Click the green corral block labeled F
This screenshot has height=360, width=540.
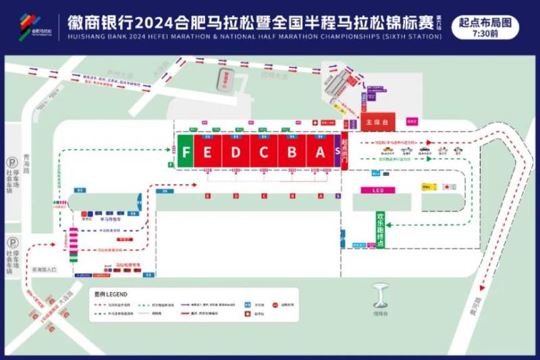[x=186, y=152]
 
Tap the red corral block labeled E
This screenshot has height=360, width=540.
[x=208, y=152]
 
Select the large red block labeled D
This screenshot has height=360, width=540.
[x=236, y=152]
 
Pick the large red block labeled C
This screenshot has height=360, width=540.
[x=264, y=152]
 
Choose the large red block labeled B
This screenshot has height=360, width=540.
[x=292, y=152]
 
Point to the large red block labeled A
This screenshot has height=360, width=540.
[x=320, y=152]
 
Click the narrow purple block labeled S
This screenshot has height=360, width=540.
[x=337, y=152]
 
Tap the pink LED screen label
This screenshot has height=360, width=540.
[x=378, y=190]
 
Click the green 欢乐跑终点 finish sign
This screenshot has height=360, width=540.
[x=380, y=230]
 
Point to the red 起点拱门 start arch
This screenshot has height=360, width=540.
[x=345, y=152]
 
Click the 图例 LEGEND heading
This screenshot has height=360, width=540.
[x=111, y=294]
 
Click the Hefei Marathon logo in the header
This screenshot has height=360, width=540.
[x=36, y=26]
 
